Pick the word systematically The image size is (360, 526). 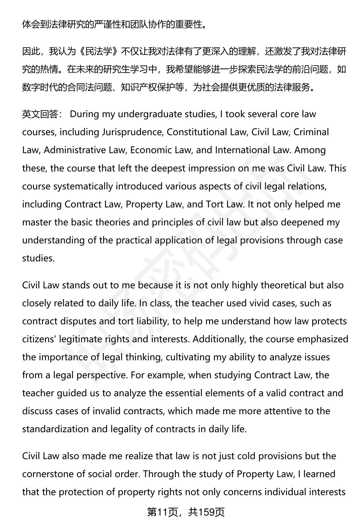coord(83,186)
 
